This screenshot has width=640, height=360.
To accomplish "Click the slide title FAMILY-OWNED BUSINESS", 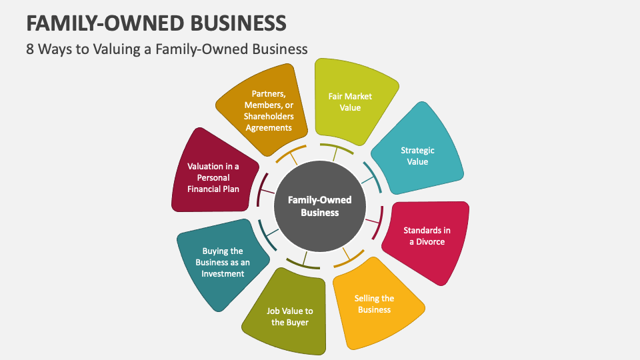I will click(x=157, y=23).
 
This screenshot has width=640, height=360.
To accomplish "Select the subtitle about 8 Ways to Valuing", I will click(x=167, y=49).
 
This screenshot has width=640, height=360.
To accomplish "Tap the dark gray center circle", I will click(x=320, y=206).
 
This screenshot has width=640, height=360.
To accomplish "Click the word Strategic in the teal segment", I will click(x=417, y=151).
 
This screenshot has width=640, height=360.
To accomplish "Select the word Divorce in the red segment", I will click(x=431, y=241).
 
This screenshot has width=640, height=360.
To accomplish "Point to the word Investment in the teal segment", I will click(x=223, y=273).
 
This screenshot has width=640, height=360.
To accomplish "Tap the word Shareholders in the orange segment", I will click(x=268, y=117).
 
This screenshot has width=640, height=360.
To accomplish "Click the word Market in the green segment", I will click(x=359, y=96).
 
